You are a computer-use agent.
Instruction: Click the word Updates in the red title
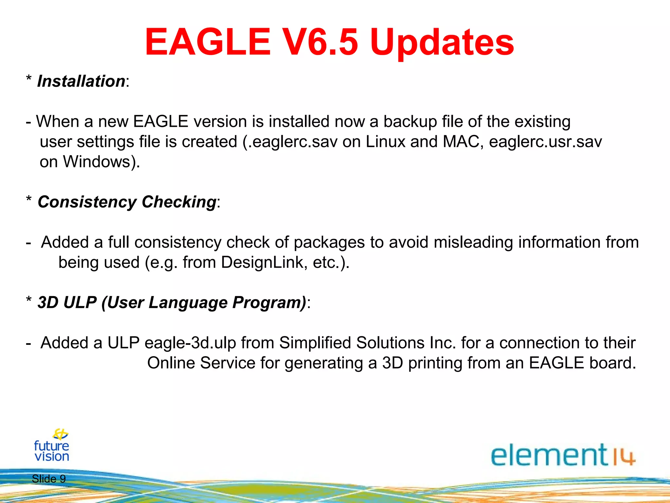(x=442, y=43)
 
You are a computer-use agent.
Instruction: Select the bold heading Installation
(x=81, y=81)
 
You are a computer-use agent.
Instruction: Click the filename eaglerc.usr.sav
(x=545, y=142)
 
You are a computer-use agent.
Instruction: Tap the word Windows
(x=97, y=162)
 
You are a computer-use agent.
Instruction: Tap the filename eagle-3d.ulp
(x=190, y=343)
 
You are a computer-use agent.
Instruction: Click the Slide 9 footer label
(x=49, y=479)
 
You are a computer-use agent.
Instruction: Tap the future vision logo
(x=52, y=446)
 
